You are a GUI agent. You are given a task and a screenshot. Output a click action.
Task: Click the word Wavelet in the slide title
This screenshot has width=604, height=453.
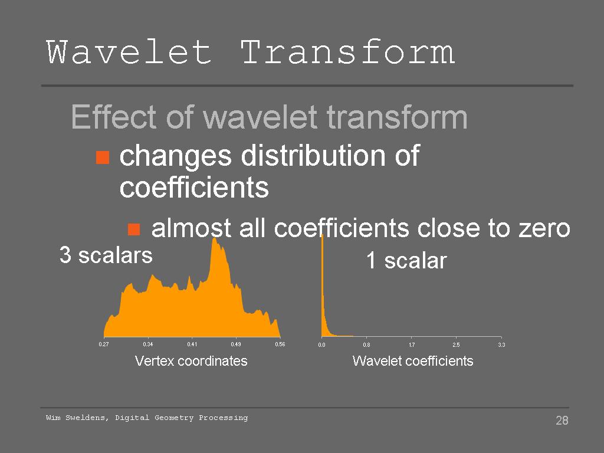tap(129, 52)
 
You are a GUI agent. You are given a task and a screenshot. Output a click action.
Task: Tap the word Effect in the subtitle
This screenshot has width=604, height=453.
tap(114, 117)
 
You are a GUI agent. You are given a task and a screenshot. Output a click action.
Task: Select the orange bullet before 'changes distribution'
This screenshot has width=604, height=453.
tap(103, 157)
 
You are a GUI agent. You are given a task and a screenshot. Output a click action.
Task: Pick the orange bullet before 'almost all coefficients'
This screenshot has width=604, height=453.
tap(134, 229)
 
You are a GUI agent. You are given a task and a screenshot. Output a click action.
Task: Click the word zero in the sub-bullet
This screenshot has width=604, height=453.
tap(544, 228)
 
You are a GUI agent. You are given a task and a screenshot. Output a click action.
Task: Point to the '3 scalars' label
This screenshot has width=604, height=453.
tap(106, 255)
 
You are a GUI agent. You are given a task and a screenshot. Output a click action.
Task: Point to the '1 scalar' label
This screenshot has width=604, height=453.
tap(406, 260)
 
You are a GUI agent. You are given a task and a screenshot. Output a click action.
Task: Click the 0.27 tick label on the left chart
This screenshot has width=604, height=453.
tap(104, 344)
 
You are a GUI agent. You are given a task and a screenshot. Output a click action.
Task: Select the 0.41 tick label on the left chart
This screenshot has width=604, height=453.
tap(192, 344)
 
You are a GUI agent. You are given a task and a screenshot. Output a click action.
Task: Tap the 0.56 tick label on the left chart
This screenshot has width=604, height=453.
tap(280, 344)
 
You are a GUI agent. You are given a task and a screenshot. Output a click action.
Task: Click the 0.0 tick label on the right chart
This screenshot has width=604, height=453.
tap(321, 344)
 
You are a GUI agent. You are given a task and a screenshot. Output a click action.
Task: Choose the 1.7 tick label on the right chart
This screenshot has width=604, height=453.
tap(412, 344)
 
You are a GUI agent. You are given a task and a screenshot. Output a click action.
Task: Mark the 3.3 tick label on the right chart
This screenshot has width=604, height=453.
tap(501, 344)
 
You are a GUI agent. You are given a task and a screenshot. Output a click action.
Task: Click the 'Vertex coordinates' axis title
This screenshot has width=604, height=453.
tap(191, 361)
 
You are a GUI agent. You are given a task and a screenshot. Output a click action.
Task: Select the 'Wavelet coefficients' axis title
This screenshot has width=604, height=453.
tap(413, 361)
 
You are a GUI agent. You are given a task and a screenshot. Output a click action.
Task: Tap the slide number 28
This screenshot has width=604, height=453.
tap(562, 420)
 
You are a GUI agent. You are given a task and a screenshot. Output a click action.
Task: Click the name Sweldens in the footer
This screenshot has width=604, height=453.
tap(87, 418)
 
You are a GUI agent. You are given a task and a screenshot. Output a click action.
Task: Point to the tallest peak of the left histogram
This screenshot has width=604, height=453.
tap(214, 239)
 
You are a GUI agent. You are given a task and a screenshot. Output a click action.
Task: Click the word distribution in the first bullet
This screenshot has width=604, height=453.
tap(313, 156)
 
